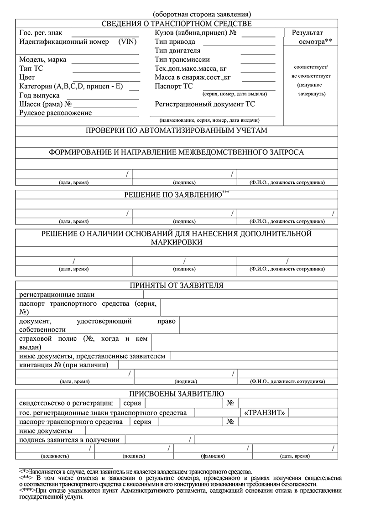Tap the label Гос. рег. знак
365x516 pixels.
tap(41, 33)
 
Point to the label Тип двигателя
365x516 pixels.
tap(177, 51)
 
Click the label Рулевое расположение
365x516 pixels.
tap(55, 113)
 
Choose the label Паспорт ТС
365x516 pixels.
tap(173, 86)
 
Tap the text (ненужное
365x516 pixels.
tap(310, 85)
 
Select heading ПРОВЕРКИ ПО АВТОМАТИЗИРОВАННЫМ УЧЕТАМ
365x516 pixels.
tap(176, 130)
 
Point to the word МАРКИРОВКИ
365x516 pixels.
tap(176, 242)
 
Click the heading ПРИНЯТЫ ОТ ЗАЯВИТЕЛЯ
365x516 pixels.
tap(176, 286)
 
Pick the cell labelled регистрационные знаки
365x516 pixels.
tap(57, 295)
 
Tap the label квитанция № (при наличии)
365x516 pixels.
tap(64, 365)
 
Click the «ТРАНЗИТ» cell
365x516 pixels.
tap(265, 413)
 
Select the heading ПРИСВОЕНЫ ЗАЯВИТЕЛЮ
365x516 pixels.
tap(176, 394)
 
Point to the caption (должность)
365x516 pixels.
tap(55, 456)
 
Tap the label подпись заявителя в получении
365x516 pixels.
tap(69, 440)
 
